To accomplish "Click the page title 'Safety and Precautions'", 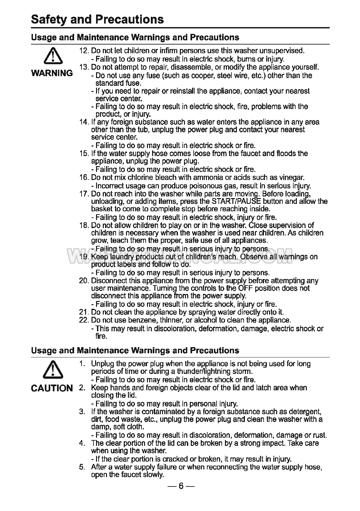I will click(97, 19).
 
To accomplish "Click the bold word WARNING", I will click(52, 73).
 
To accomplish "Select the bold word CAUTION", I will click(52, 388).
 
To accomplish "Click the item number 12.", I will click(83, 51).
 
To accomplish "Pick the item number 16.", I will click(83, 178).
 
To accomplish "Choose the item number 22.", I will click(83, 320).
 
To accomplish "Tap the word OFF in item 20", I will click(246, 288).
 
